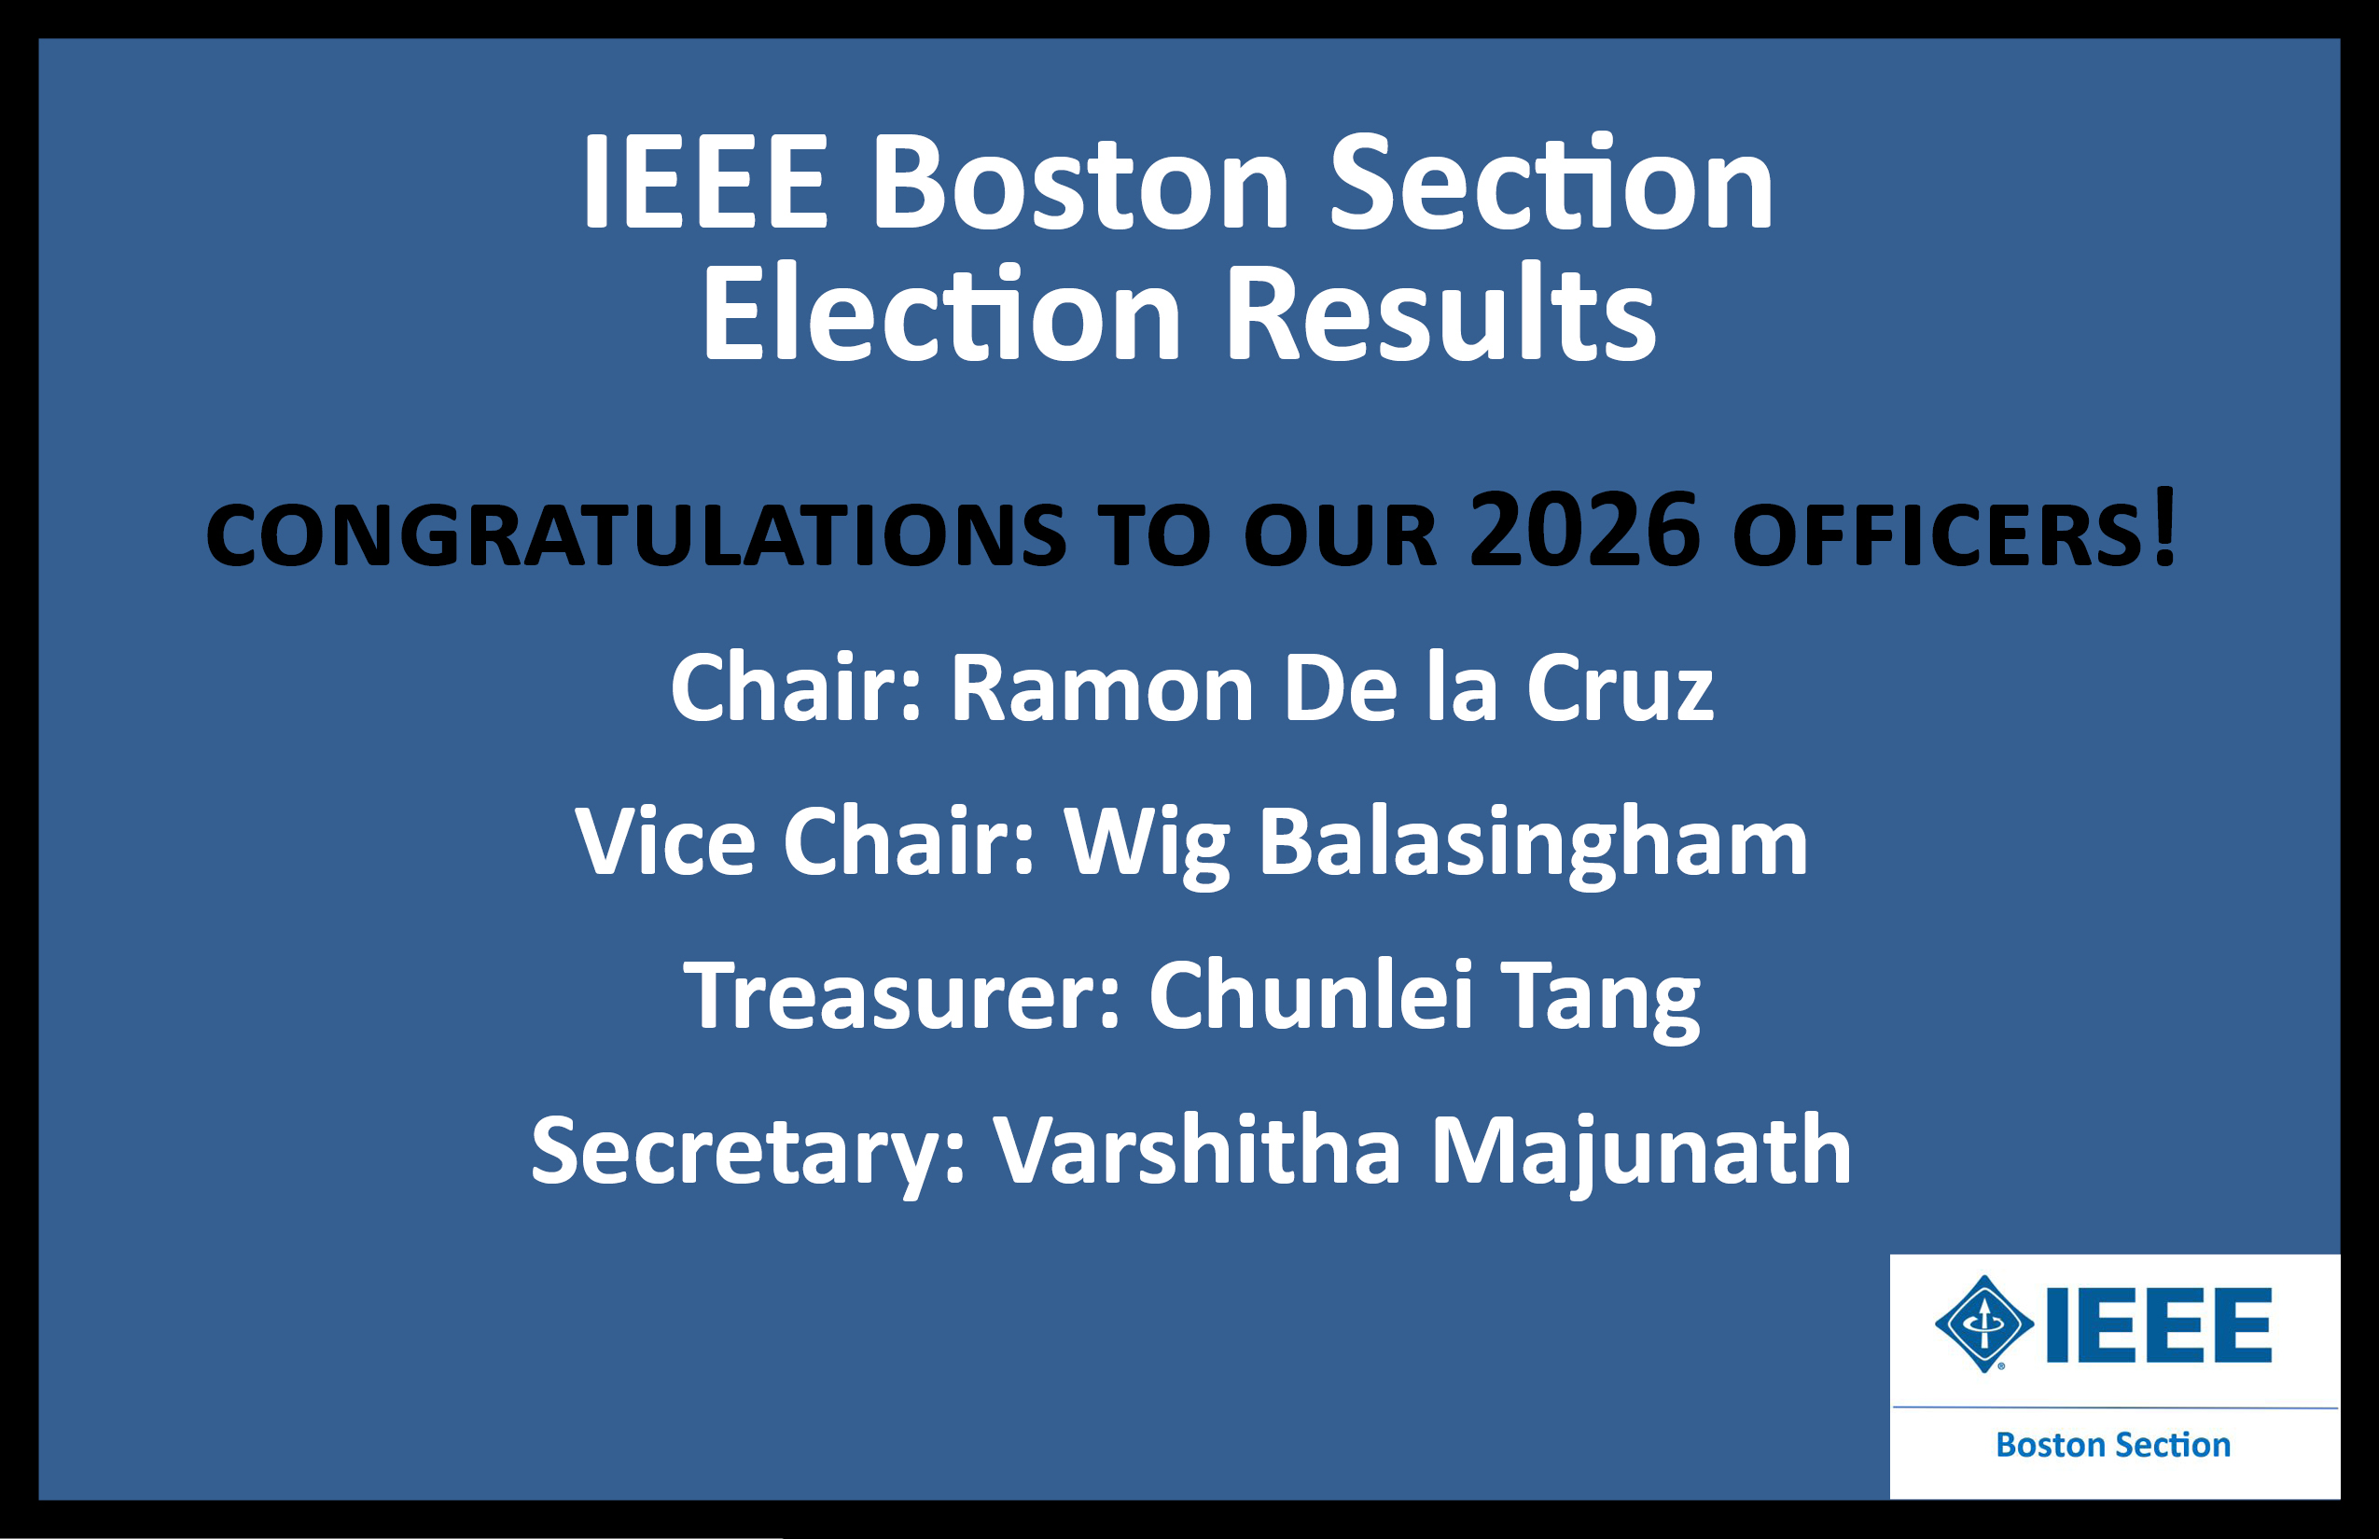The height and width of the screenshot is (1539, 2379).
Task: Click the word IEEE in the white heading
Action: [704, 183]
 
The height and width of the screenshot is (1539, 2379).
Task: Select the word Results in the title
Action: [1440, 312]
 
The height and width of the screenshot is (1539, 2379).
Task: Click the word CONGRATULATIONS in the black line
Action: [635, 534]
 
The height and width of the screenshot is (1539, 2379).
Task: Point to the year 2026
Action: [1584, 530]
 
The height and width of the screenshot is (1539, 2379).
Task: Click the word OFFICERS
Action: [1939, 534]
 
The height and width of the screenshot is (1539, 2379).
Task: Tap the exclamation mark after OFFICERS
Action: [2165, 526]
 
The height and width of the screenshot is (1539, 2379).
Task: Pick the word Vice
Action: [664, 841]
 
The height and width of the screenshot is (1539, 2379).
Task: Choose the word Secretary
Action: [746, 1155]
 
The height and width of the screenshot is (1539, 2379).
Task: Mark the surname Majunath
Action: [1641, 1155]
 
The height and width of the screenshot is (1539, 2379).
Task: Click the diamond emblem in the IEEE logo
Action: [1984, 1324]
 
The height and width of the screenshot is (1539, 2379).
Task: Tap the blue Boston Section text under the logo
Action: [2113, 1445]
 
